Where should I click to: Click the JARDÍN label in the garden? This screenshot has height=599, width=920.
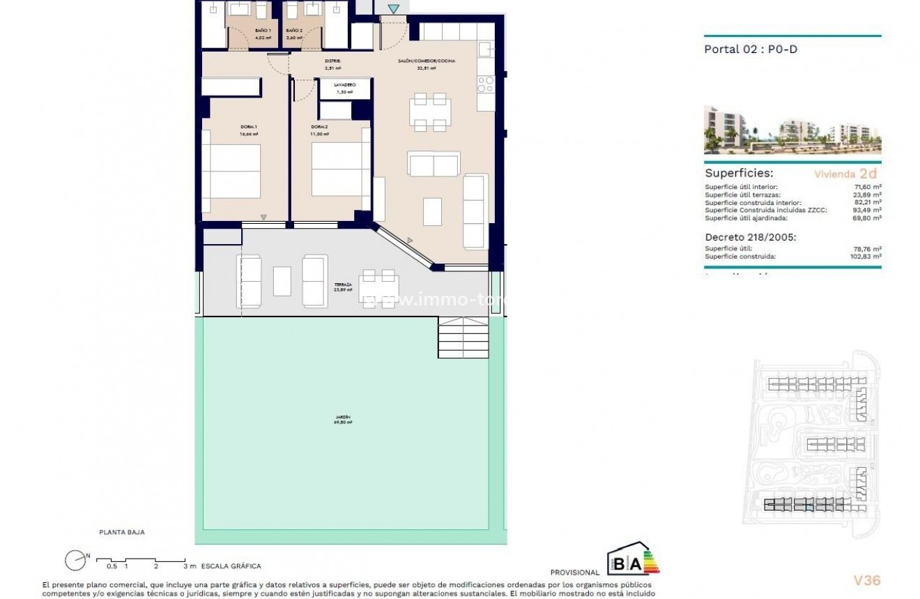coord(342,420)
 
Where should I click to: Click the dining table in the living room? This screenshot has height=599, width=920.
coord(429,112)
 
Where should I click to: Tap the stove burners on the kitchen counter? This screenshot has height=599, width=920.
coord(485,84)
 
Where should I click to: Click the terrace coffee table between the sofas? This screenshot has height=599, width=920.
coord(282,281)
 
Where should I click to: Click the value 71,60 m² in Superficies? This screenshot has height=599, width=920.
coord(867,187)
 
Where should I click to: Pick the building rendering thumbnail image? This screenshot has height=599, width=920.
coord(792,130)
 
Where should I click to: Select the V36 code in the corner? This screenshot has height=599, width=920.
coord(867,580)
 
